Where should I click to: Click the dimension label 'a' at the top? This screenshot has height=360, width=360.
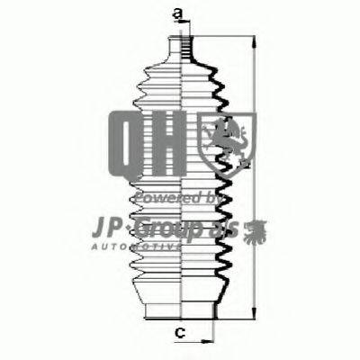pos(179,12)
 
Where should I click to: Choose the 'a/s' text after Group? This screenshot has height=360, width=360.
pos(236,224)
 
